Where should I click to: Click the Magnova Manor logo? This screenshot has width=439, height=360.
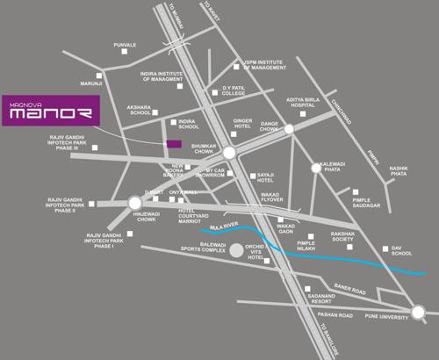point(50,112)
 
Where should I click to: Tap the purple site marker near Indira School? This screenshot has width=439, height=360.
point(174,143)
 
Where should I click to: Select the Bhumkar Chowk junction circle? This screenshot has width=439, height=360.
point(228,153)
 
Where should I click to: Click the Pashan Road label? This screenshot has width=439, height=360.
point(335,313)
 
